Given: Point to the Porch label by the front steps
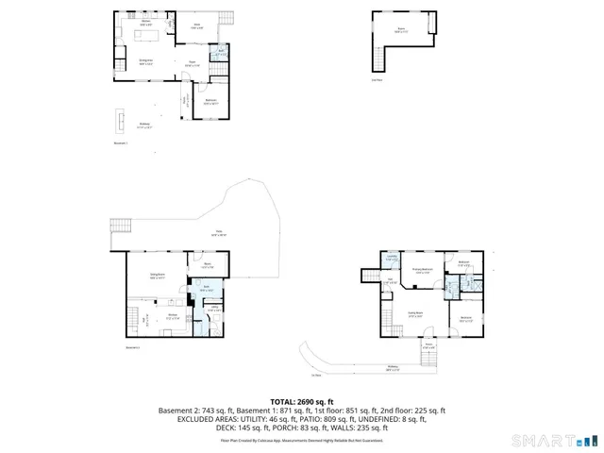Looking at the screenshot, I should (428, 346).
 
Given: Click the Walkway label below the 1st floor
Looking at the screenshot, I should (393, 369).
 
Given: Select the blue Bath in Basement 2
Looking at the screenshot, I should (205, 290).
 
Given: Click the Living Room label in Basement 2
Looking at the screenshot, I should (158, 276).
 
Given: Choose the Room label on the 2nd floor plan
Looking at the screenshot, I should (401, 30).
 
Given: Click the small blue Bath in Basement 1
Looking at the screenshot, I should (220, 55).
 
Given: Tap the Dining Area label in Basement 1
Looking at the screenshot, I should (147, 63).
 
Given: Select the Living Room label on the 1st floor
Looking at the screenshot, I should (414, 314).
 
